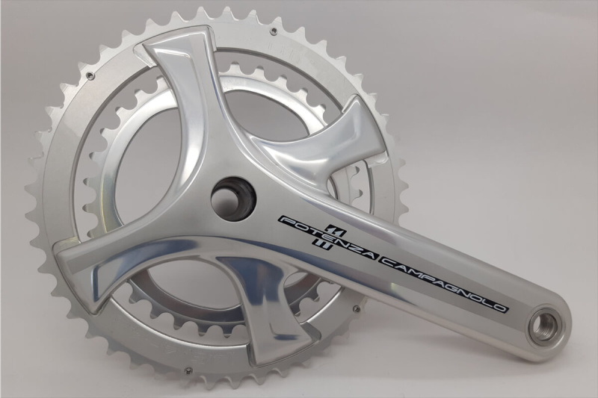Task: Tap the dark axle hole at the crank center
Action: pyautogui.click(x=234, y=198)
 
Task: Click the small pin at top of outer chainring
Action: pyautogui.click(x=272, y=30)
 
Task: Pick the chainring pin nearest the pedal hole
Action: pyautogui.click(x=357, y=308)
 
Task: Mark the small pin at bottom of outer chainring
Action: pyautogui.click(x=188, y=370)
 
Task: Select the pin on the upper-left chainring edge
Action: pyautogui.click(x=90, y=75)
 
